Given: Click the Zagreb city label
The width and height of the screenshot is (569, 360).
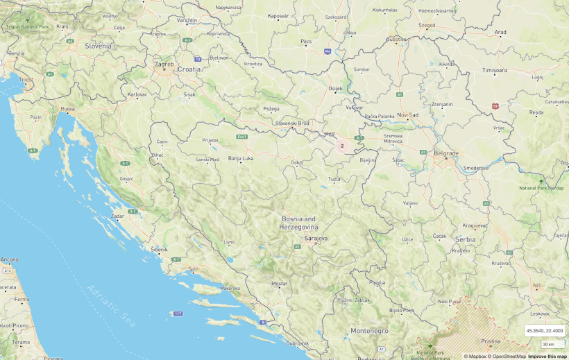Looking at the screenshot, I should [x=164, y=64].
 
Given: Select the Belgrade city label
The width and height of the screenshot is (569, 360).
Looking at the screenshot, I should [x=445, y=153].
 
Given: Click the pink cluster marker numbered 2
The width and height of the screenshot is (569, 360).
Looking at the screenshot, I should [x=342, y=146].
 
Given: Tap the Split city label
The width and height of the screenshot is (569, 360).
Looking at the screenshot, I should [x=193, y=268].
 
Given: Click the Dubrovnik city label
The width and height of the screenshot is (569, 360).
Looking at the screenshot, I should [x=297, y=343].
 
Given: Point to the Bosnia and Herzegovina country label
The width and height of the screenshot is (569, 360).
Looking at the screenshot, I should [x=299, y=223].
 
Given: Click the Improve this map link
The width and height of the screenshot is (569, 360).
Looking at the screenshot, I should [x=547, y=357].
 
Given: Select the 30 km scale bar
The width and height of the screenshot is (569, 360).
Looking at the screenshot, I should [x=548, y=344].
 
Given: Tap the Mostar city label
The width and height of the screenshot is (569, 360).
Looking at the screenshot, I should [x=279, y=284].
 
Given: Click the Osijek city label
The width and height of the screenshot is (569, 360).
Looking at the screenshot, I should [x=335, y=89].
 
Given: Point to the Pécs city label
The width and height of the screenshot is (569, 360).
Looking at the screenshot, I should [x=306, y=42].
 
